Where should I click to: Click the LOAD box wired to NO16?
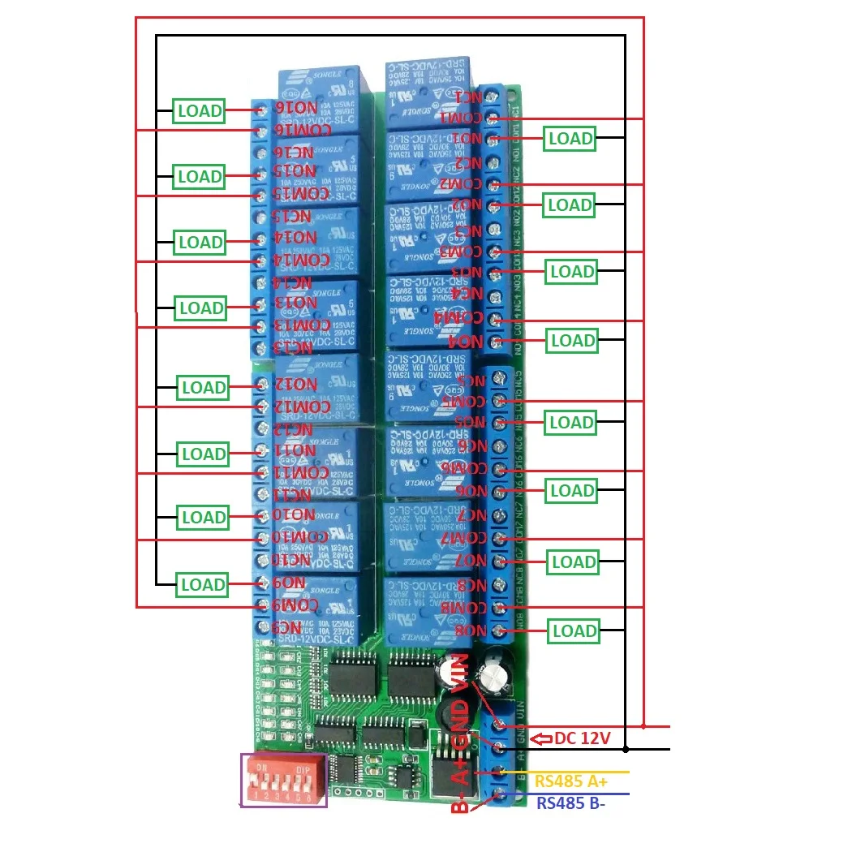200,110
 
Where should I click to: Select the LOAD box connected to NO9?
203,584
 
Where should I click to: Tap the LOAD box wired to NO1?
570,139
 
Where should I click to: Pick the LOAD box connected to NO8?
574,630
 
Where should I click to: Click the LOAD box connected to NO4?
573,341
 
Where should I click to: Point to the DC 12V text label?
582,738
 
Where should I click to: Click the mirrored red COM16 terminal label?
301,131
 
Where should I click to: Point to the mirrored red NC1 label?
466,97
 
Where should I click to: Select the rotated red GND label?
460,728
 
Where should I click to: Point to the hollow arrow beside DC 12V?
541,738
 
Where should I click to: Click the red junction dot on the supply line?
643,725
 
